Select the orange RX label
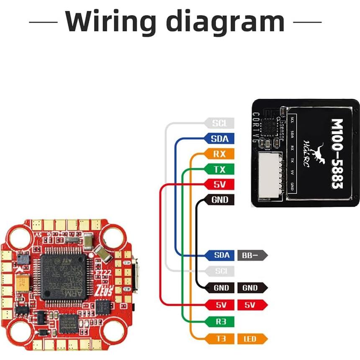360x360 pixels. [219, 154]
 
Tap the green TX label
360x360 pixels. [219, 169]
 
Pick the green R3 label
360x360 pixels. [221, 322]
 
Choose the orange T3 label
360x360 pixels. [221, 339]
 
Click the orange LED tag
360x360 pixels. [251, 339]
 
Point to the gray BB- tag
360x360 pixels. [251, 255]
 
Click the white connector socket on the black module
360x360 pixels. [270, 173]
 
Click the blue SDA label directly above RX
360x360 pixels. [219, 139]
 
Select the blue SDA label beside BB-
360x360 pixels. [221, 255]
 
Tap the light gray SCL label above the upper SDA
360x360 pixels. [219, 123]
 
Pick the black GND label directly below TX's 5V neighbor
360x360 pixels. [219, 200]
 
